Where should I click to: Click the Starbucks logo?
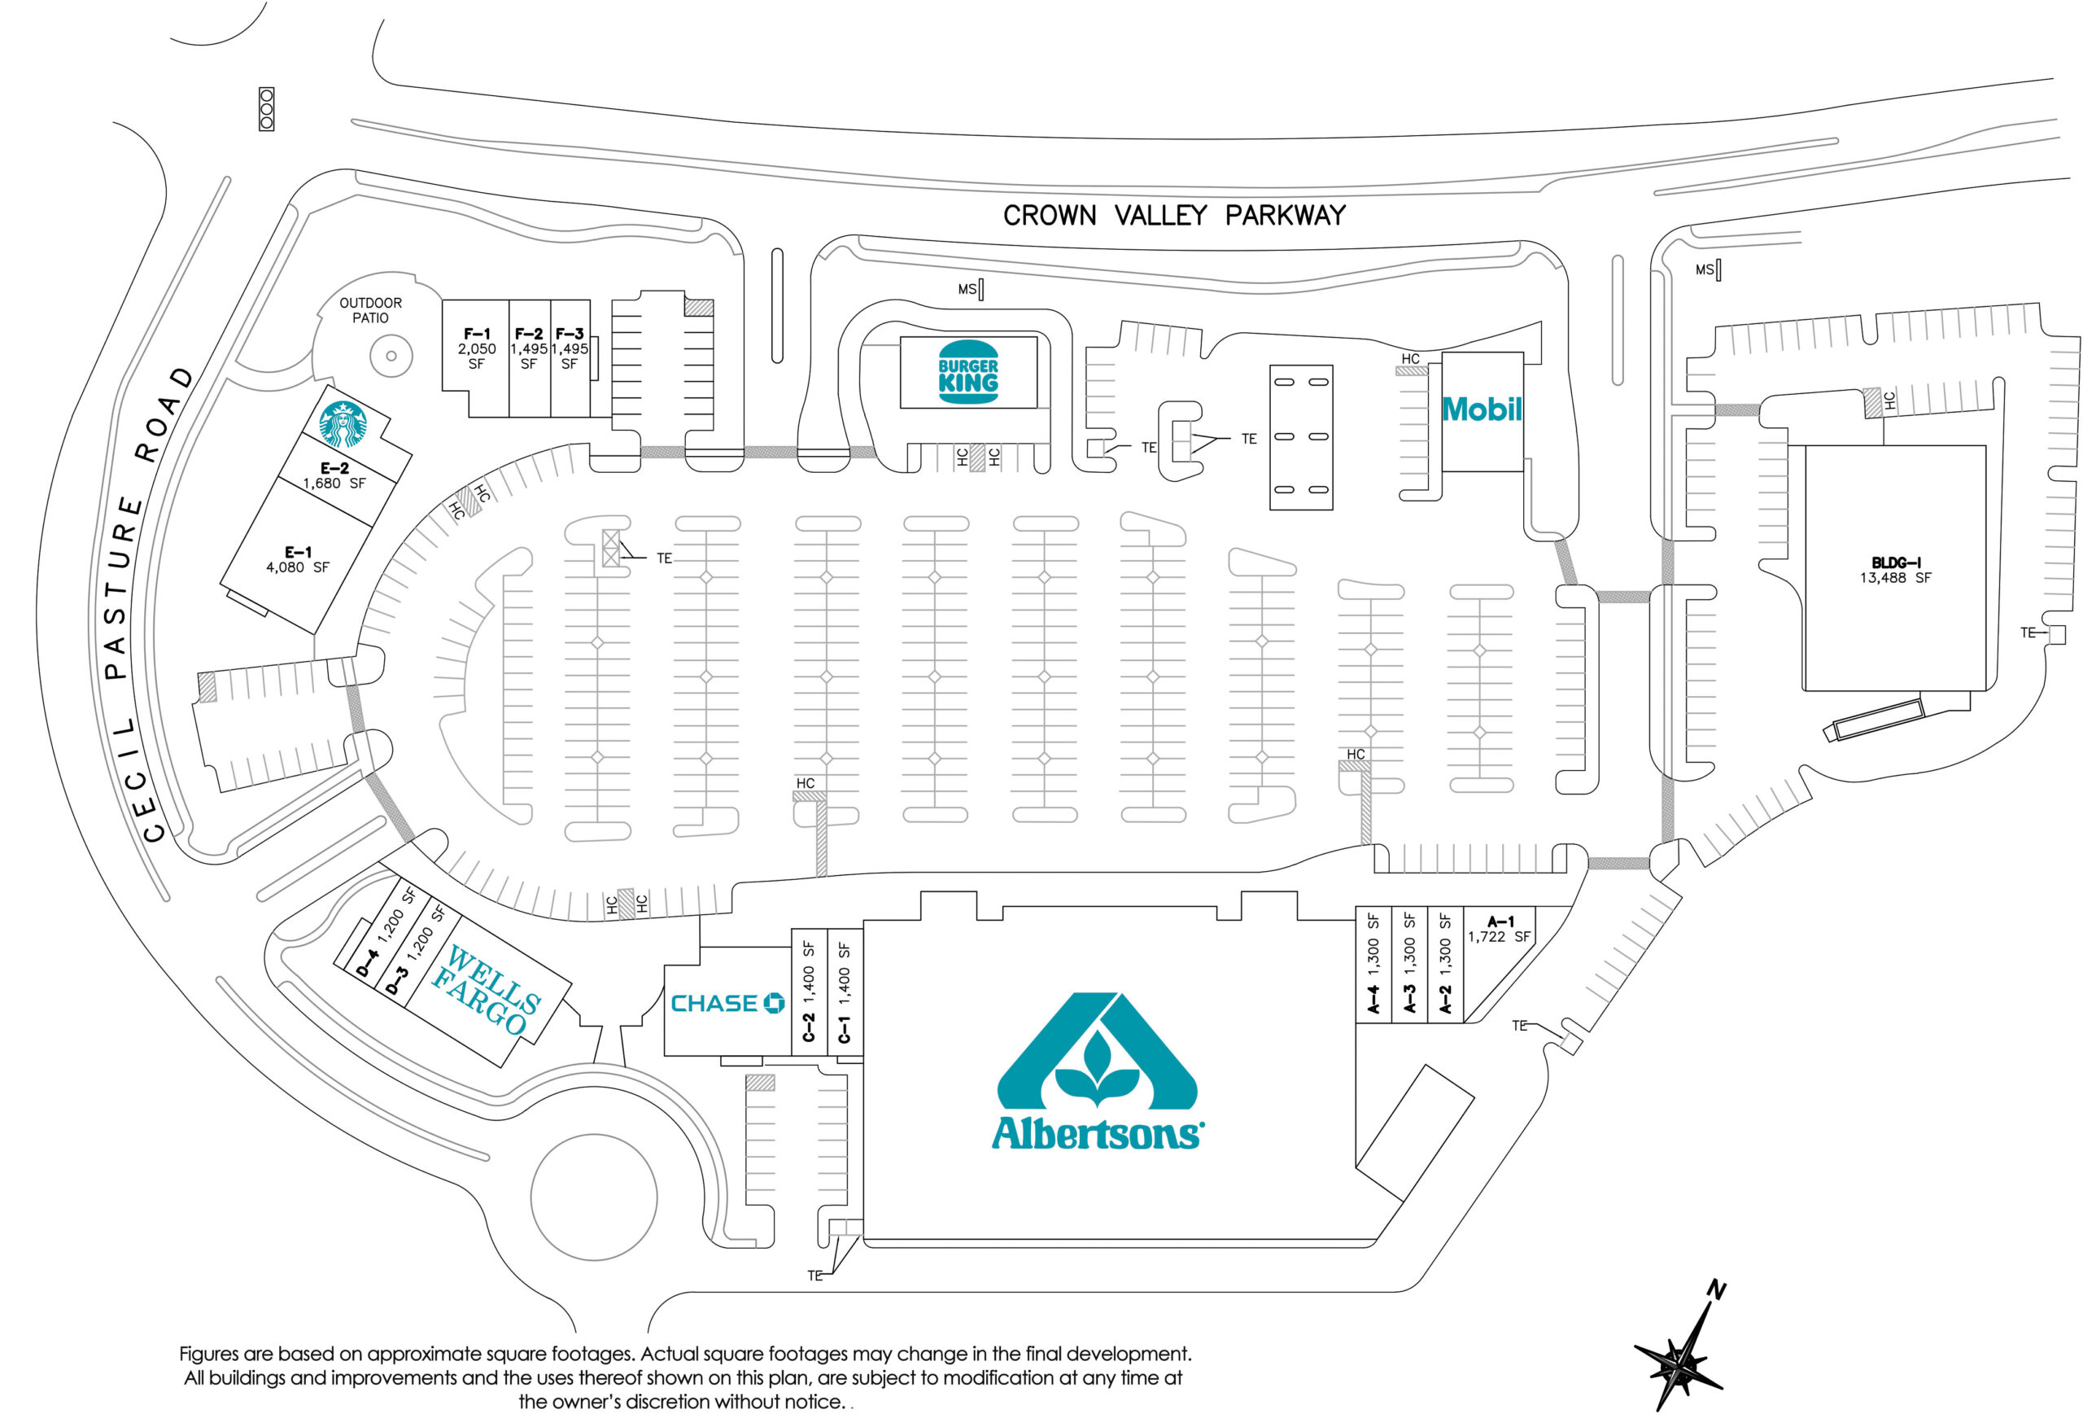tap(343, 425)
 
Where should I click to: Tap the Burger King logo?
tap(968, 372)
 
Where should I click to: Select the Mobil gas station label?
tap(1482, 409)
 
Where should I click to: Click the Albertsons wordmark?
tap(1098, 1132)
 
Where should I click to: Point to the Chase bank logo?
tap(727, 1004)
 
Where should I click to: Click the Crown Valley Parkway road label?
tap(1174, 215)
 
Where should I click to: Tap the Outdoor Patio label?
tap(370, 310)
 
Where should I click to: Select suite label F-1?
tap(477, 334)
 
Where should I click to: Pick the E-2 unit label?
tap(334, 468)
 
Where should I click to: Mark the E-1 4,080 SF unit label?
tap(298, 559)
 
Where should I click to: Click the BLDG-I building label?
tap(1895, 563)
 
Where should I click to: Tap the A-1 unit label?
tap(1500, 921)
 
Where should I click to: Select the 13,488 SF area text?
tap(1895, 578)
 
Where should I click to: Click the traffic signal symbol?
tap(266, 109)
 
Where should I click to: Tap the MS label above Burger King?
tap(967, 290)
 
